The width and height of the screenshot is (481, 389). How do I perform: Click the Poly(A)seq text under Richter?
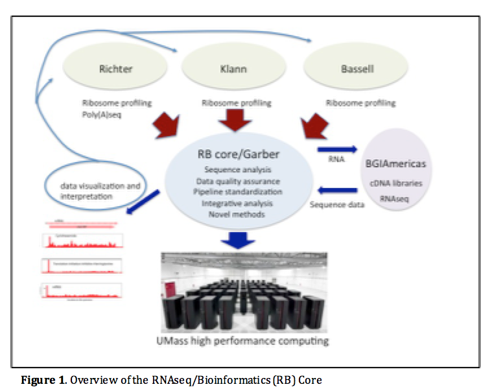[x=102, y=114]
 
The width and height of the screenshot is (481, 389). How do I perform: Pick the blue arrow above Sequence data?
[x=336, y=191]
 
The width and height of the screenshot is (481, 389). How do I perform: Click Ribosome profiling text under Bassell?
[x=360, y=103]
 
